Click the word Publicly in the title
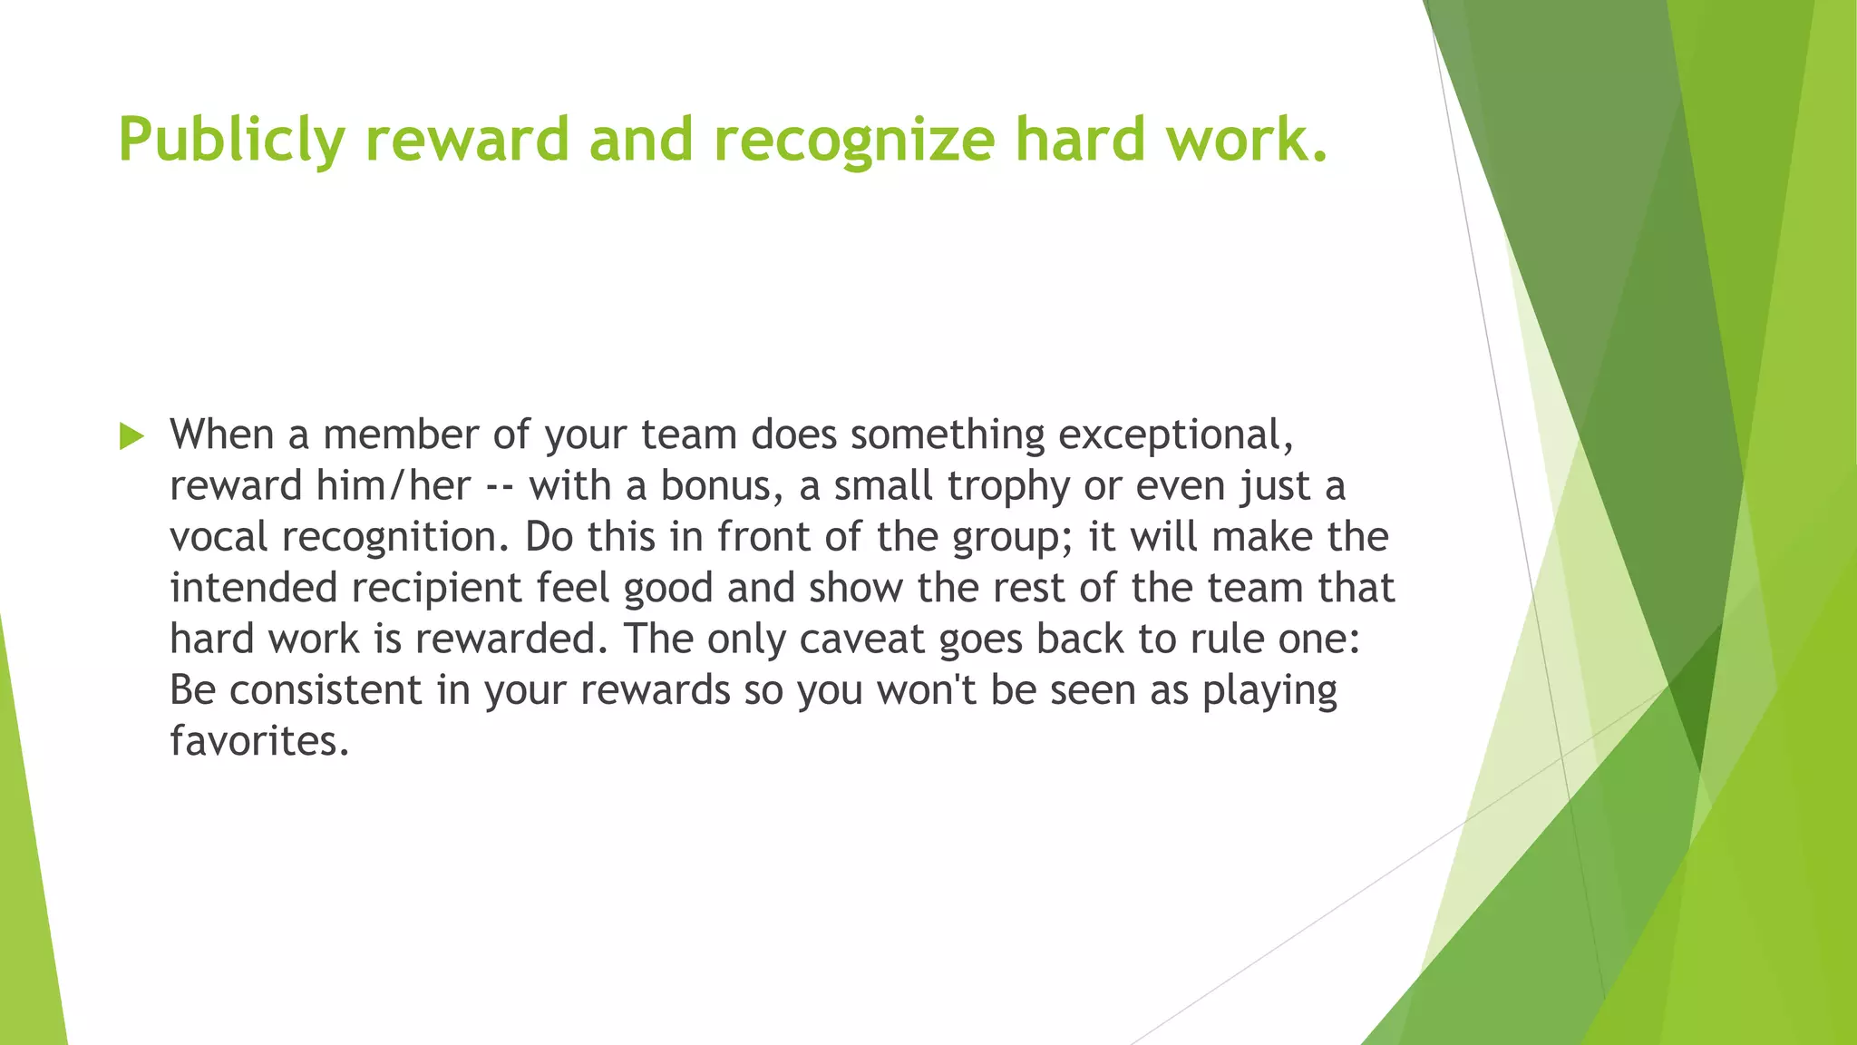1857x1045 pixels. [231, 141]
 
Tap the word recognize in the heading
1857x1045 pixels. [853, 141]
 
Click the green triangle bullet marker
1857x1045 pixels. [131, 436]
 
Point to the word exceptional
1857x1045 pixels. [1175, 435]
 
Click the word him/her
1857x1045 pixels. [393, 486]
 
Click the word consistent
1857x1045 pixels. [326, 690]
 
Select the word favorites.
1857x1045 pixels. [258, 741]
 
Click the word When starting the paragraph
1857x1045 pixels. [221, 435]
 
